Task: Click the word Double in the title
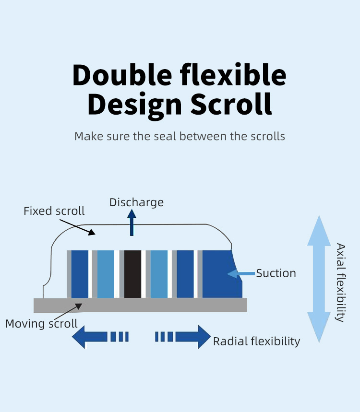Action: [122, 75]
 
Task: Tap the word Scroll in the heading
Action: [231, 104]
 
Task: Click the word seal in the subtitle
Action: [165, 136]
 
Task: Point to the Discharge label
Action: [136, 202]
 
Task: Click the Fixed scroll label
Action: [54, 211]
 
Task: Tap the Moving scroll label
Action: [41, 324]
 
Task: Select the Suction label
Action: [276, 273]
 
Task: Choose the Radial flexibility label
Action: [256, 341]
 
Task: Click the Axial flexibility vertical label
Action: [340, 283]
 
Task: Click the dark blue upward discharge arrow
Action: [132, 223]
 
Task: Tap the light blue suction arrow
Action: [241, 274]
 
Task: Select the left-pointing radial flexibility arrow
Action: [100, 337]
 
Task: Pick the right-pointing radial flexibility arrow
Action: [183, 337]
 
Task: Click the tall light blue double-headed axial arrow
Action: [319, 279]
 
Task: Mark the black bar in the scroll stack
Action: [132, 274]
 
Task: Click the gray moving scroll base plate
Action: [141, 306]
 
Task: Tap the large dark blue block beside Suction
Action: [222, 274]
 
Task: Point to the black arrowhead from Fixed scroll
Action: [92, 232]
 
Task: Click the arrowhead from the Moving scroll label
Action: [78, 306]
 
